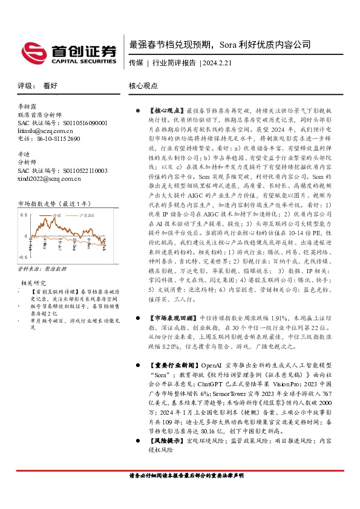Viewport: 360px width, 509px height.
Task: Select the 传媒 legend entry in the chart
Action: [58, 215]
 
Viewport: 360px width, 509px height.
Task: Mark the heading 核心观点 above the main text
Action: [143, 86]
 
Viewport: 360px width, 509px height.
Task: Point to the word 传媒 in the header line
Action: [136, 62]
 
